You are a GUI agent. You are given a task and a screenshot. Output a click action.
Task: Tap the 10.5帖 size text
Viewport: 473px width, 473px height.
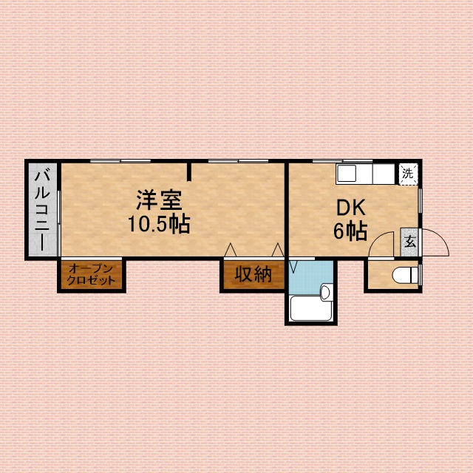point(159,223)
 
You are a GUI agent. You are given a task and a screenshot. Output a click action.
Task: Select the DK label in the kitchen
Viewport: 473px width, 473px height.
point(350,208)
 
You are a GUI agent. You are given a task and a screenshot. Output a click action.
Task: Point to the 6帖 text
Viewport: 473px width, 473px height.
point(350,231)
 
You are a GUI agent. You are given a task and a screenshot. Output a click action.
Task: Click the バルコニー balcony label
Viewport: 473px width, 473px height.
point(44,210)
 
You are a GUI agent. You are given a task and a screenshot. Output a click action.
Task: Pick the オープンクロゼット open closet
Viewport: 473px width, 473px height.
point(91,275)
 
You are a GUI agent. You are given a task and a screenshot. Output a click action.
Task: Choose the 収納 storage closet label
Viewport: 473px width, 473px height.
point(253,274)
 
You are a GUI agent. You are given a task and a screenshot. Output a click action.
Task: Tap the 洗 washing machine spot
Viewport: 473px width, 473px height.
point(407,174)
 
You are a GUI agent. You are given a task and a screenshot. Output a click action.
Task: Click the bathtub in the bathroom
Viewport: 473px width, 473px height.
point(310,308)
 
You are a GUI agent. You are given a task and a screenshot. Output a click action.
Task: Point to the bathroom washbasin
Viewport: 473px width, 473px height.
point(326,291)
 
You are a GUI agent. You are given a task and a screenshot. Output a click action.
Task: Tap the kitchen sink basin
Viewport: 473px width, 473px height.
point(348,174)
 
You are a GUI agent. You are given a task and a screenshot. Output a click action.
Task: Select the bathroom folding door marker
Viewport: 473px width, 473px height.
point(293,264)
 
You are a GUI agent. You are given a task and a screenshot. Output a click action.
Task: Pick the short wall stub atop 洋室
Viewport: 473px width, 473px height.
point(189,171)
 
